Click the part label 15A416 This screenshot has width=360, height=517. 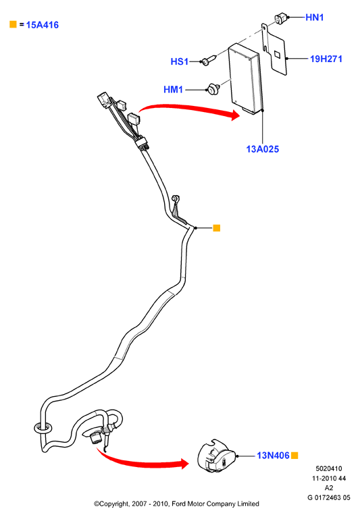tap(43, 25)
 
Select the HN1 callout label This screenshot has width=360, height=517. tap(315, 17)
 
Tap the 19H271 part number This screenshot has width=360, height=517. tap(326, 59)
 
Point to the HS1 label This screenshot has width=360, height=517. tap(180, 61)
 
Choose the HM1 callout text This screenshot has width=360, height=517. tap(173, 89)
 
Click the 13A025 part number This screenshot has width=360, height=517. tap(263, 149)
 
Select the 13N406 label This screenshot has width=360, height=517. tap(274, 456)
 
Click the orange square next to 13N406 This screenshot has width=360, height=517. tap(294, 456)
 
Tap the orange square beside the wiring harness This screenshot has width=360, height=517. tap(216, 228)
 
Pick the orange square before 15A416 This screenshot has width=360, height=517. tap(13, 24)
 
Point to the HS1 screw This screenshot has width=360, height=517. tap(209, 60)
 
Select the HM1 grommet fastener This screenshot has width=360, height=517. tap(213, 88)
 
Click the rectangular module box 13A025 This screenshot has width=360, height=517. tap(246, 79)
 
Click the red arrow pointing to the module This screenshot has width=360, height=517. tap(190, 111)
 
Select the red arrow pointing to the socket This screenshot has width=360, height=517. tap(142, 461)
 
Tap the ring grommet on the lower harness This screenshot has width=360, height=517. tap(43, 428)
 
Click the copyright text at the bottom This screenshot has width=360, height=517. tap(176, 504)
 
